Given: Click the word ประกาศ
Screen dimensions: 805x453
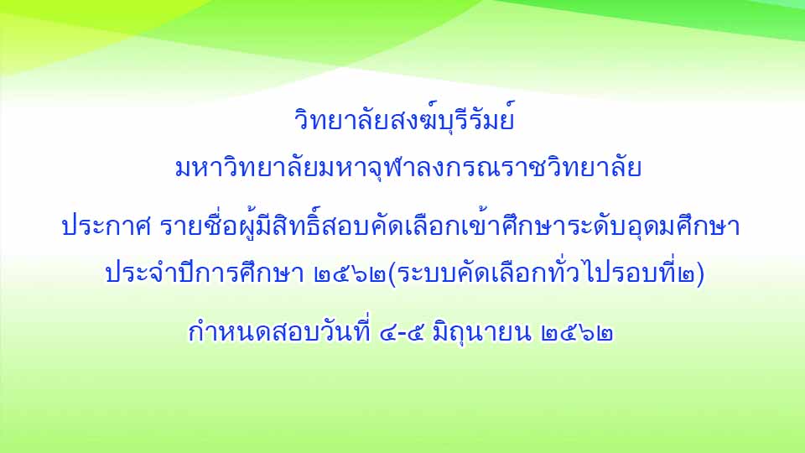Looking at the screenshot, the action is (x=106, y=227).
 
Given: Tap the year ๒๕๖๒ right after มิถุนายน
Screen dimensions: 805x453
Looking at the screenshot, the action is (x=577, y=333).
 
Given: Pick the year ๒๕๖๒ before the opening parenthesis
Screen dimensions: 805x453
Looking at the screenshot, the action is (x=350, y=274).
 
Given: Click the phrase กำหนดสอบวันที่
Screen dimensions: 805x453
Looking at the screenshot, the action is (x=280, y=330).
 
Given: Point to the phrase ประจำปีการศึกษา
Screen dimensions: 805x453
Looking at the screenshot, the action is (x=205, y=272).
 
